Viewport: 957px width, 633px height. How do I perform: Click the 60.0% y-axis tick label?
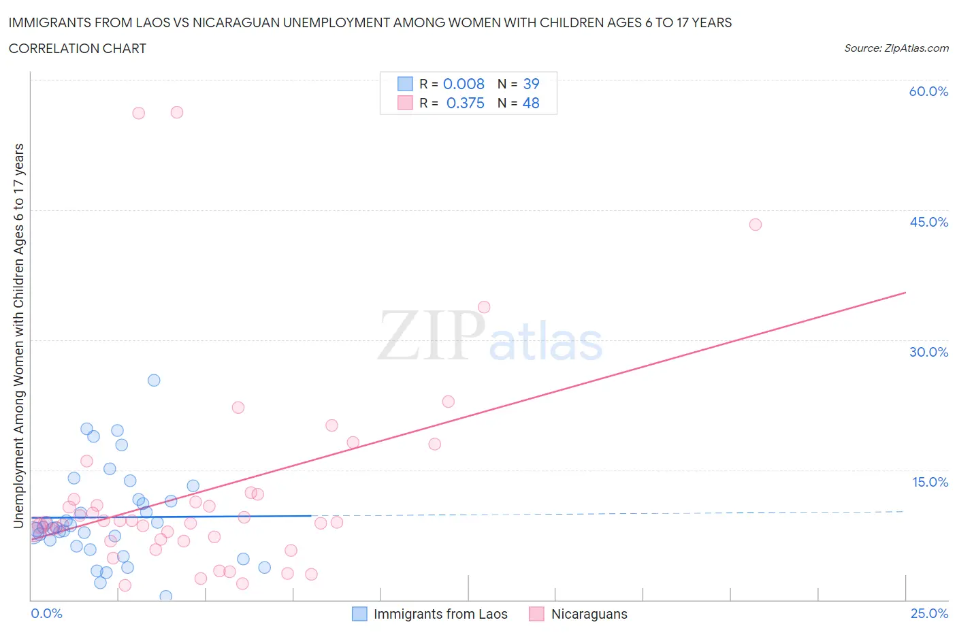coord(928,91)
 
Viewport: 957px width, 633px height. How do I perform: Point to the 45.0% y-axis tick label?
coord(928,222)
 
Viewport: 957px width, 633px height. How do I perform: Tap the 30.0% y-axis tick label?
coord(928,352)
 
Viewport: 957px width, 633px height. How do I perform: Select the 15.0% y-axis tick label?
coord(930,482)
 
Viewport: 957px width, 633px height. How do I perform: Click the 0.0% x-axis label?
coord(46,613)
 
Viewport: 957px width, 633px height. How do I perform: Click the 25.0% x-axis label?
coord(929,613)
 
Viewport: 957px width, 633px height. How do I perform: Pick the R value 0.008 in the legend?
coord(464,84)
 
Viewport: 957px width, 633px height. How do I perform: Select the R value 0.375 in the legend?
coord(465,103)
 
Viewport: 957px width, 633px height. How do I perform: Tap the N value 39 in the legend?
coord(531,84)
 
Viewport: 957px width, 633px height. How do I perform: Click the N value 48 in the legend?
coord(531,103)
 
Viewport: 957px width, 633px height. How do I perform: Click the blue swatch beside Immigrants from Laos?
coord(359,614)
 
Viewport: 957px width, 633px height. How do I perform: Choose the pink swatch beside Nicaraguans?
coord(537,614)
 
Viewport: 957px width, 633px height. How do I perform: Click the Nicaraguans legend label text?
coord(589,614)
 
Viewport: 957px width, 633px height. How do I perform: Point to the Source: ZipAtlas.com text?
coord(896,48)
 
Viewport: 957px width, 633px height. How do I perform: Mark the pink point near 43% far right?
coord(755,225)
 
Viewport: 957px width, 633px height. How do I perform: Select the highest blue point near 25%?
coord(154,380)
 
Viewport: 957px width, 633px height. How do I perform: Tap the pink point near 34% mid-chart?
coord(484,307)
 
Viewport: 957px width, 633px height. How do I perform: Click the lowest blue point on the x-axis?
coord(165,596)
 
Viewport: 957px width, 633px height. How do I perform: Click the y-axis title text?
coord(18,336)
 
